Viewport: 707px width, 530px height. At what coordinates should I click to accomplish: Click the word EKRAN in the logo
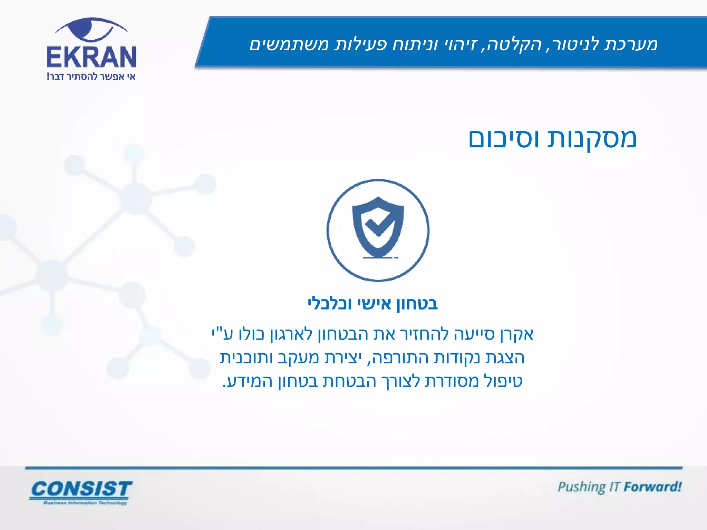click(91, 57)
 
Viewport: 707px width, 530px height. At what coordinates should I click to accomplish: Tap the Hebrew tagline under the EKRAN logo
click(91, 77)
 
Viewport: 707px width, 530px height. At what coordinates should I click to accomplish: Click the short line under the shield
click(380, 258)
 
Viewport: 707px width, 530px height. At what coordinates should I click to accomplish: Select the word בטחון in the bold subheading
click(417, 304)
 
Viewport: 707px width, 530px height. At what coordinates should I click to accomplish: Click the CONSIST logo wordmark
click(81, 489)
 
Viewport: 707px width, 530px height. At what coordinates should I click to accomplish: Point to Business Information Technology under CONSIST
click(85, 503)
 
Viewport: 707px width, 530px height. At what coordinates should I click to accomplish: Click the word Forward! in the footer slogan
click(652, 487)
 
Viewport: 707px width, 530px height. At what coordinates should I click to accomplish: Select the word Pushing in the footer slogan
click(582, 487)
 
